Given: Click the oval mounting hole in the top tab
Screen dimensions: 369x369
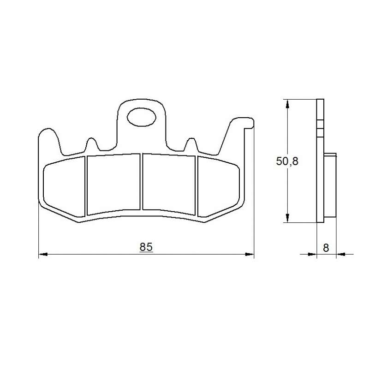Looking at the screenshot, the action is (142, 117).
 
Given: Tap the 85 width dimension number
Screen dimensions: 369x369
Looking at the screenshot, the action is (146, 247).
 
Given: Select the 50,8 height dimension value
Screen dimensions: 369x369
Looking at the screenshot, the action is (287, 161).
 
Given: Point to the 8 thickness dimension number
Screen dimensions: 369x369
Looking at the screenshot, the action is (326, 248).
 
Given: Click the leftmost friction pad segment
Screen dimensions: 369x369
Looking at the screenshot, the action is (64, 187).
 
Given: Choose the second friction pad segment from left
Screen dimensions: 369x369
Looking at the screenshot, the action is (113, 184).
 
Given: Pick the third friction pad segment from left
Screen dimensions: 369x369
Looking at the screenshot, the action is (169, 184).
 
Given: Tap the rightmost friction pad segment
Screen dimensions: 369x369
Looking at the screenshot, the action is (218, 187).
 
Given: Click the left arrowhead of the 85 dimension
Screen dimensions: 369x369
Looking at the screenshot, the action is (43, 255).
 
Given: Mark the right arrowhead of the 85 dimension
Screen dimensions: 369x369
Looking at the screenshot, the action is (250, 255).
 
